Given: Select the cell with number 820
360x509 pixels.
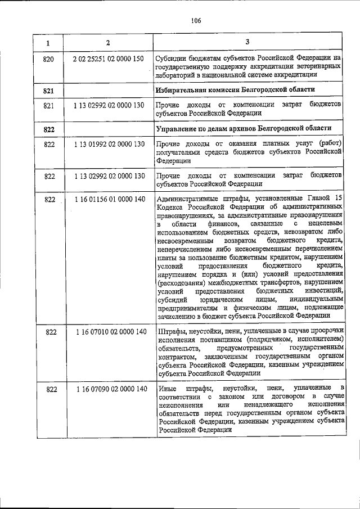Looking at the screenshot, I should [x=49, y=58].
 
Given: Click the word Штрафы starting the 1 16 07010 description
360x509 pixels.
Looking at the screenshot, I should [x=171, y=332].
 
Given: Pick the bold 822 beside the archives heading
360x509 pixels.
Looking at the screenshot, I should [x=49, y=129].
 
